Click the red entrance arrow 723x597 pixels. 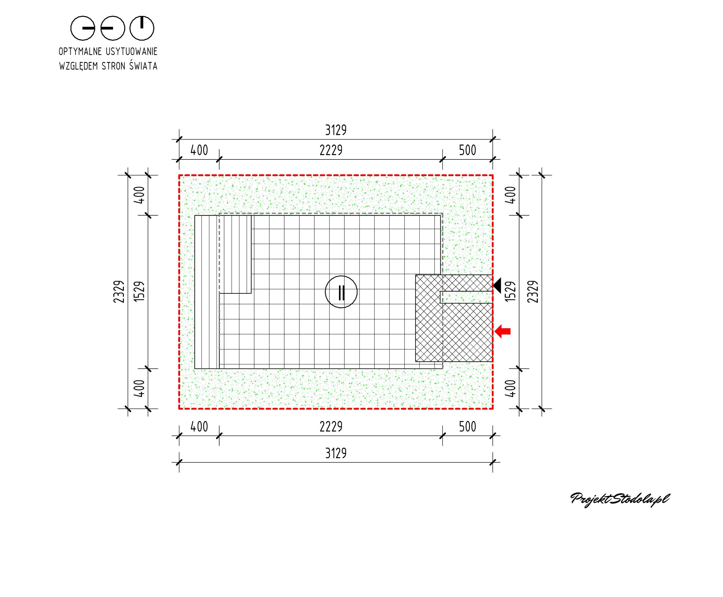click(x=502, y=331)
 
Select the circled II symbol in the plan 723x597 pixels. click(x=341, y=292)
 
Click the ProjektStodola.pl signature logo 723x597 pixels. click(x=620, y=499)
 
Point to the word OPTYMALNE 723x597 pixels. click(x=80, y=52)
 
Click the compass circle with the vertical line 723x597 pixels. click(x=142, y=28)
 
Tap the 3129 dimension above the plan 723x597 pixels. click(x=336, y=130)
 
